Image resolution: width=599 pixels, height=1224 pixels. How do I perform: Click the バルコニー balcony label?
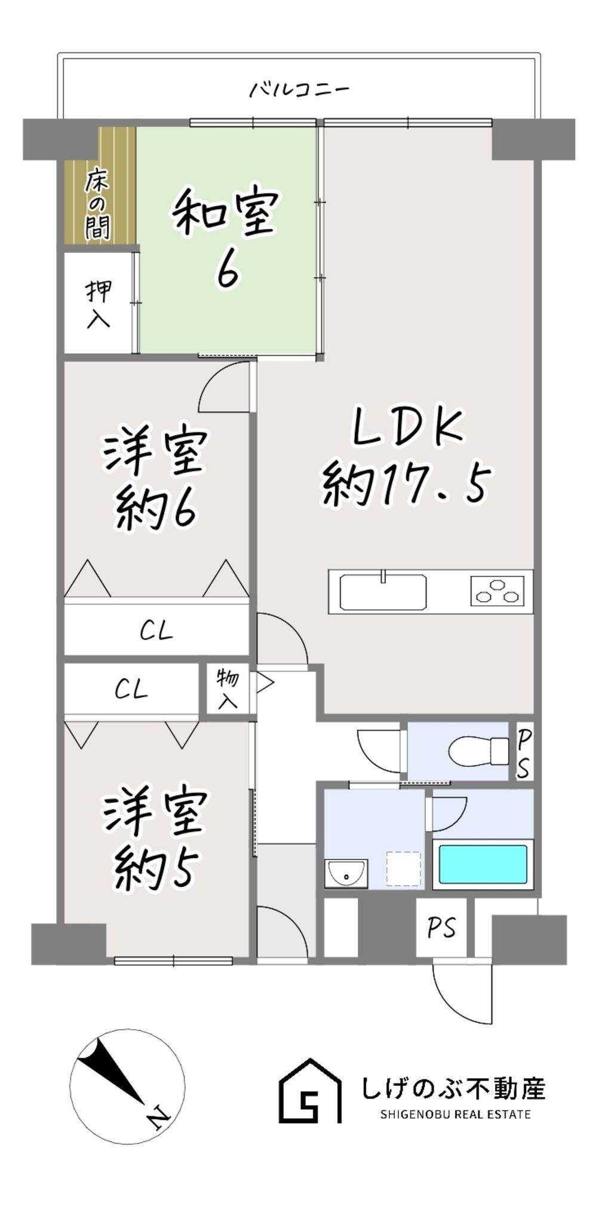299,90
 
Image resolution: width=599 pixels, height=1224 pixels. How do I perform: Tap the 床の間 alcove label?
97,204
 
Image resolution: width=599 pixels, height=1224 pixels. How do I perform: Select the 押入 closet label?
99,304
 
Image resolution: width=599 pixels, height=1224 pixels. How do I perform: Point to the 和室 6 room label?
226,238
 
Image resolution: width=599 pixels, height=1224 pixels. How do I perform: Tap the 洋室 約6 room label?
155,478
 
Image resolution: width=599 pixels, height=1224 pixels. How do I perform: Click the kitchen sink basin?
383,592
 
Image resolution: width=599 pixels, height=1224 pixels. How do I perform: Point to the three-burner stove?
497,590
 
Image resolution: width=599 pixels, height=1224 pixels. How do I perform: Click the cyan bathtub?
483,864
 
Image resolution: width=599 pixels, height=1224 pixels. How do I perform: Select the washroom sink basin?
346,874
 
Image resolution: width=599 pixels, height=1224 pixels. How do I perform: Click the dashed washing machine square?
403,869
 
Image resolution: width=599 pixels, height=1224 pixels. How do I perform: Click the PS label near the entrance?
441,928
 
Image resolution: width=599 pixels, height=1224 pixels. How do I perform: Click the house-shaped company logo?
310,1091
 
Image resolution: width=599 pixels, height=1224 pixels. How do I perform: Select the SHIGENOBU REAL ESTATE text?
455,1115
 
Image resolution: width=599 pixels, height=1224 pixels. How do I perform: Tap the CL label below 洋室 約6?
156,631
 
